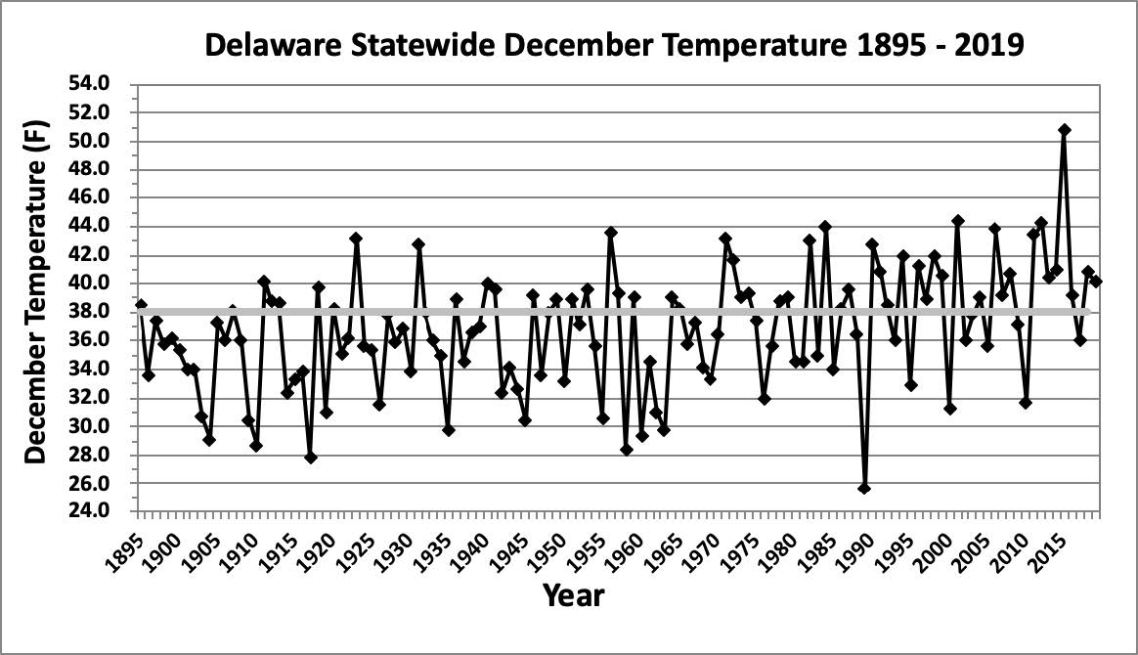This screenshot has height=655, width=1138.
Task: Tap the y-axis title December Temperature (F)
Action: [x=36, y=298]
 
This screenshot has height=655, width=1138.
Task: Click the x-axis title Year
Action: [x=574, y=594]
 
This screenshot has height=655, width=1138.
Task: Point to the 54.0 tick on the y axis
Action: [x=107, y=84]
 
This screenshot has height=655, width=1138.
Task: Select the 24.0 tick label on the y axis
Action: [x=107, y=511]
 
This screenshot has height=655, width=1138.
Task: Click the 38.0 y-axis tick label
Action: [x=107, y=312]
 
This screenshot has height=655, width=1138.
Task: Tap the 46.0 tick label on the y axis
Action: [x=107, y=197]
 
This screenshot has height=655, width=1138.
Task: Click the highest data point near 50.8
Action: [x=1065, y=130]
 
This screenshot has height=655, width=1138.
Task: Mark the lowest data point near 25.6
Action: [x=864, y=488]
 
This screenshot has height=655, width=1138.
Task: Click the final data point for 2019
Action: [x=1096, y=282]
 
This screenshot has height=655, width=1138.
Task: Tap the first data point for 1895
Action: [x=141, y=305]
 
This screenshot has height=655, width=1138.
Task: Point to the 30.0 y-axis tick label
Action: [x=107, y=426]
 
